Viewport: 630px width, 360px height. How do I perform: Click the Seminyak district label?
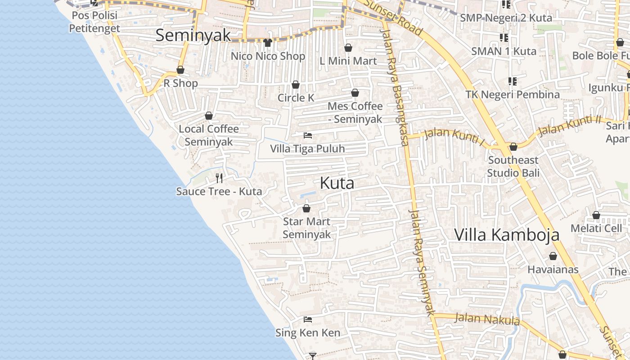pyautogui.click(x=193, y=35)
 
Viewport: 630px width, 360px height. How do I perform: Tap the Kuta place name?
pyautogui.click(x=337, y=183)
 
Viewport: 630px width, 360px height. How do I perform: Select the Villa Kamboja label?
pyautogui.click(x=507, y=235)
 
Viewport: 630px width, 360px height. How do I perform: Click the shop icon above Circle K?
pyautogui.click(x=296, y=85)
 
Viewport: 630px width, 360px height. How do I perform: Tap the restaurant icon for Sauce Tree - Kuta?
pyautogui.click(x=219, y=178)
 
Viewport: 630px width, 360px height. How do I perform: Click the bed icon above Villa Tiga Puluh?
pyautogui.click(x=308, y=135)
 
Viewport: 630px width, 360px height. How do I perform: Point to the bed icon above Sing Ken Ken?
pyautogui.click(x=308, y=319)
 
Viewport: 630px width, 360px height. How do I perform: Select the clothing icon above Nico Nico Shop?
pyautogui.click(x=268, y=43)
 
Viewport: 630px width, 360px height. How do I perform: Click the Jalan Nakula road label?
pyautogui.click(x=487, y=319)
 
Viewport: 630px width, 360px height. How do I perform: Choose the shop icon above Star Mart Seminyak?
pyautogui.click(x=306, y=208)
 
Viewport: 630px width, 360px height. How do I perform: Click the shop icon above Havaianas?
pyautogui.click(x=553, y=256)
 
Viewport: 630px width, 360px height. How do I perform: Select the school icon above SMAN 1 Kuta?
pyautogui.click(x=504, y=38)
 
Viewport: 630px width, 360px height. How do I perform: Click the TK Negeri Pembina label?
pyautogui.click(x=513, y=94)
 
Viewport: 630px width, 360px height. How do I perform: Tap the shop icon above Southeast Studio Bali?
pyautogui.click(x=513, y=147)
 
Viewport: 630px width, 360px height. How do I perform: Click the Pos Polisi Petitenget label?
pyautogui.click(x=94, y=22)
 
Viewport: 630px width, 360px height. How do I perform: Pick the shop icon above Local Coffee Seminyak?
pyautogui.click(x=209, y=116)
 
